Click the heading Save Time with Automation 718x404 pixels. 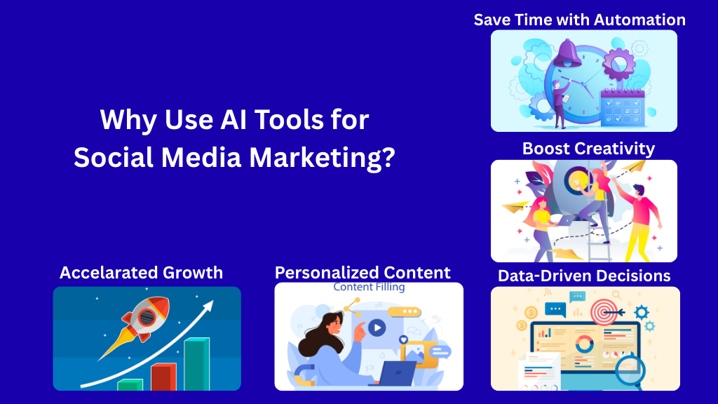coord(580,20)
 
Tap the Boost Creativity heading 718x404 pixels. coord(588,149)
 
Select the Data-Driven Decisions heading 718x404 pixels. coord(584,276)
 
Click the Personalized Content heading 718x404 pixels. coord(363,273)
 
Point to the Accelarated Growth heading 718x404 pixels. coord(141,273)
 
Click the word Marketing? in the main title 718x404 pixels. coord(323,158)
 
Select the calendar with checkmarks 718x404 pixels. coord(623,107)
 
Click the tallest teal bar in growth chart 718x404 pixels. coord(197,364)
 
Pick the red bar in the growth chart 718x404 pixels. coord(163,377)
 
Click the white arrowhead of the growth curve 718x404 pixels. coord(208,306)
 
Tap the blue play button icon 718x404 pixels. coord(377,328)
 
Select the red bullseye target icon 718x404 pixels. coord(604,312)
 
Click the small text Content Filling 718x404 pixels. coord(369,287)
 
